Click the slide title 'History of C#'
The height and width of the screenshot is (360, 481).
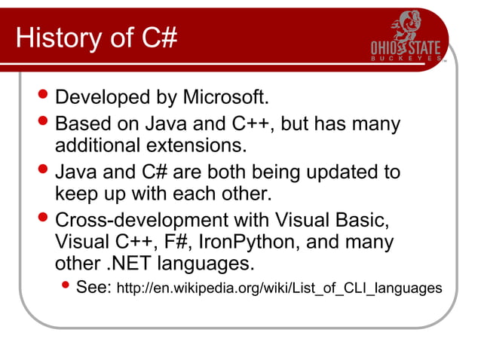click(x=96, y=37)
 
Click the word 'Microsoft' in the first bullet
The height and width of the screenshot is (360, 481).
click(x=227, y=98)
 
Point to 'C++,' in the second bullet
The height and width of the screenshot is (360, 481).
click(x=256, y=123)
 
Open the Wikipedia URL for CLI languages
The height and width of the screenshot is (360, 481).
click(x=278, y=289)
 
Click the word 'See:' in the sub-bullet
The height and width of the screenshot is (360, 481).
click(x=94, y=288)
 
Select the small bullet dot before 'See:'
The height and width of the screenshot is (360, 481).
click(x=66, y=287)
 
